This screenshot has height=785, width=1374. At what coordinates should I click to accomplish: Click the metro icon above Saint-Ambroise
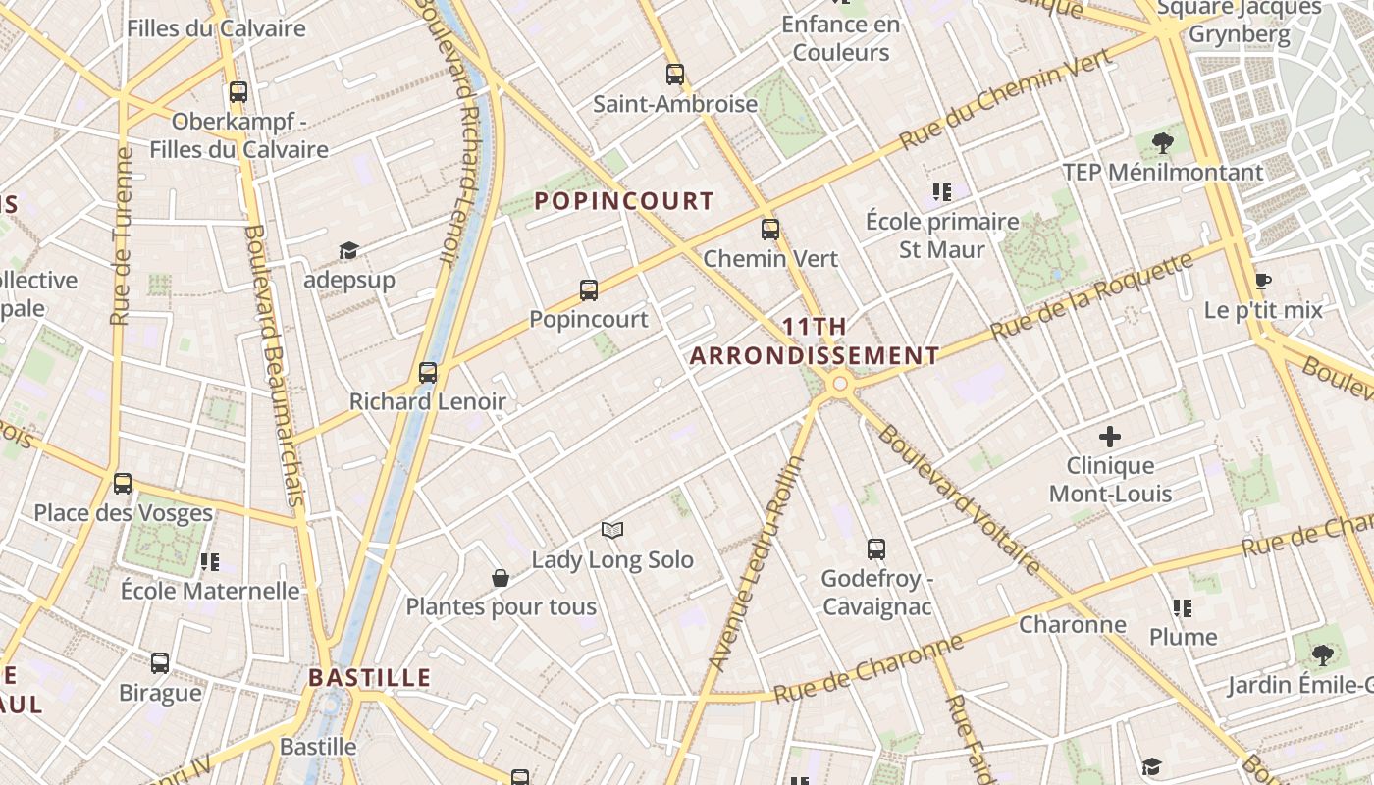(674, 74)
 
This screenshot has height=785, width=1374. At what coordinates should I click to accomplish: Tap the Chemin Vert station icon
(770, 230)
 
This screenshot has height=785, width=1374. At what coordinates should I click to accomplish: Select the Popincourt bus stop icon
(589, 289)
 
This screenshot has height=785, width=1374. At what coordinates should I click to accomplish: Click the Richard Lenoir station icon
(428, 372)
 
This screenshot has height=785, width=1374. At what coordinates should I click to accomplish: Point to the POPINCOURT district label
(624, 201)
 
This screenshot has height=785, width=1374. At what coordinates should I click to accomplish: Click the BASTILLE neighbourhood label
(370, 677)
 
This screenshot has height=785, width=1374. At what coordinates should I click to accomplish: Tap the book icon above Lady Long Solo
(612, 531)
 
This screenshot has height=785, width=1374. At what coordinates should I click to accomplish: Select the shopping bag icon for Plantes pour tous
(501, 578)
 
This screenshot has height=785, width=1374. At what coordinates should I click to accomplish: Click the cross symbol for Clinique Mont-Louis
(1110, 437)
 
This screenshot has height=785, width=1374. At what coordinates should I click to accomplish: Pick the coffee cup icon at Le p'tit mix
(1263, 282)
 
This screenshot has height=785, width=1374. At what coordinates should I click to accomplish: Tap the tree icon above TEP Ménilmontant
(1163, 143)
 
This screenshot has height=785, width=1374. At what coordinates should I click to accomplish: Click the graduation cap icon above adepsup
(348, 251)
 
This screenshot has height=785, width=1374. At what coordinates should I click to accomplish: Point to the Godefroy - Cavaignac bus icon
(876, 549)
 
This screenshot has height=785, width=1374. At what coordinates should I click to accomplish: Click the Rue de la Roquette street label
(1092, 295)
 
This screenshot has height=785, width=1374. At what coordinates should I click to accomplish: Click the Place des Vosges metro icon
(123, 483)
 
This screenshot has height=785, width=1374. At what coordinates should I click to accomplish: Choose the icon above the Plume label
(1183, 608)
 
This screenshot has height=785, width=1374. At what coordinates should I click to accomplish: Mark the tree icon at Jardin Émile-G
(1323, 655)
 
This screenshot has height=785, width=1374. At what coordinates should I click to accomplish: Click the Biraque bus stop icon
(160, 662)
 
